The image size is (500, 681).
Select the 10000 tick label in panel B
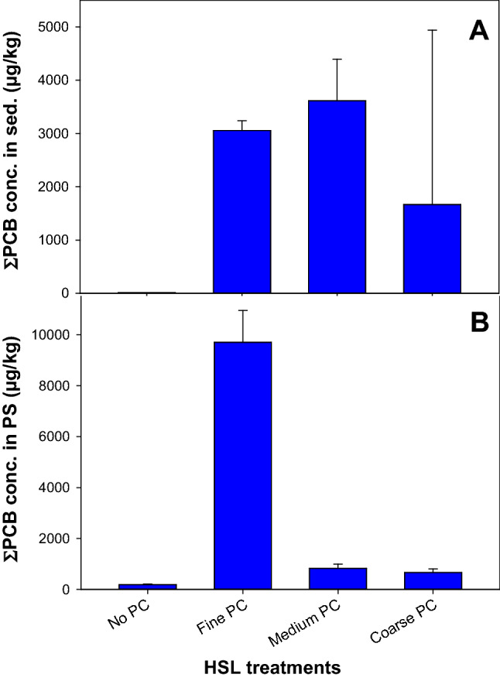coord(61,335)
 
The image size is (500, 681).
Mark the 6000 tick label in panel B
coord(65,437)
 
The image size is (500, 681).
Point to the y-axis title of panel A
coord(17,147)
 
